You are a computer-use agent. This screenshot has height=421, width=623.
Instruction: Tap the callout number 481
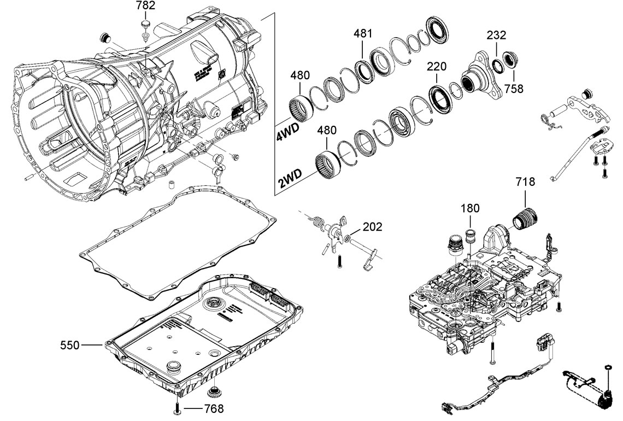click(x=363, y=34)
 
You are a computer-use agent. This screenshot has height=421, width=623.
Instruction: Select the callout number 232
click(x=497, y=36)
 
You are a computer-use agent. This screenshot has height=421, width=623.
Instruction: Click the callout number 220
click(x=437, y=67)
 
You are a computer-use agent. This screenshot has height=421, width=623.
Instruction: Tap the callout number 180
click(x=470, y=208)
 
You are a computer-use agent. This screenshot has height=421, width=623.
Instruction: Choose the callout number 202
click(x=372, y=226)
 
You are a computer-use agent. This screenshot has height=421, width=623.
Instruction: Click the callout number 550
click(x=70, y=345)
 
